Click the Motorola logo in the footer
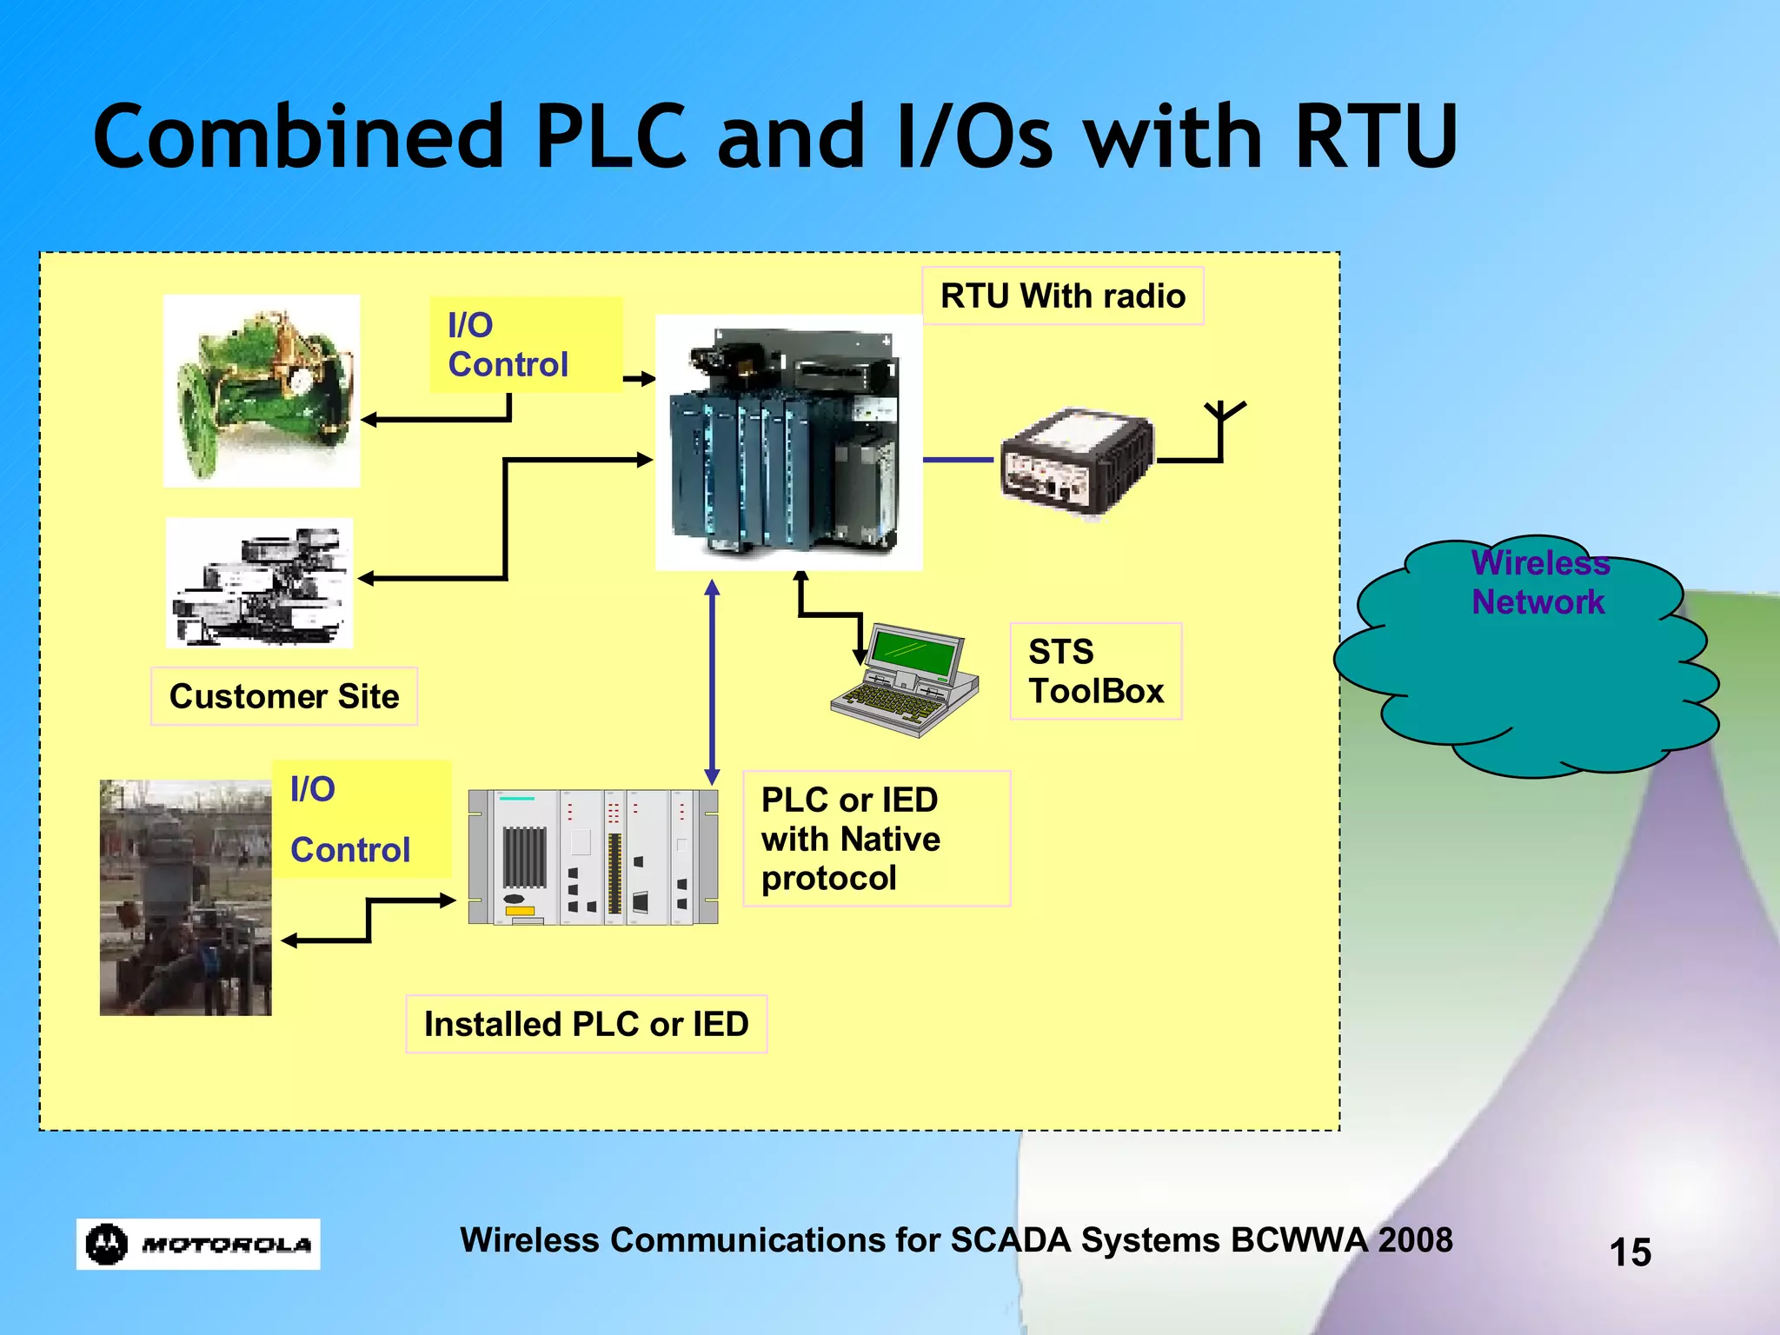pos(198,1244)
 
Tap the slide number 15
pos(1630,1252)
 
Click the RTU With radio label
pos(1062,296)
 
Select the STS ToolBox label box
pos(1095,671)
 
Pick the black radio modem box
pos(1076,460)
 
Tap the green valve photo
pos(262,390)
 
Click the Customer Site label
pos(284,696)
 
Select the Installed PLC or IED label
pos(586,1024)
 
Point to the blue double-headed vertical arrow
pos(712,682)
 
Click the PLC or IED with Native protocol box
pos(876,839)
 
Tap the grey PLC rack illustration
pos(594,857)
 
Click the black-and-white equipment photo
pos(260,582)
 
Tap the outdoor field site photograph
pos(185,897)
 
